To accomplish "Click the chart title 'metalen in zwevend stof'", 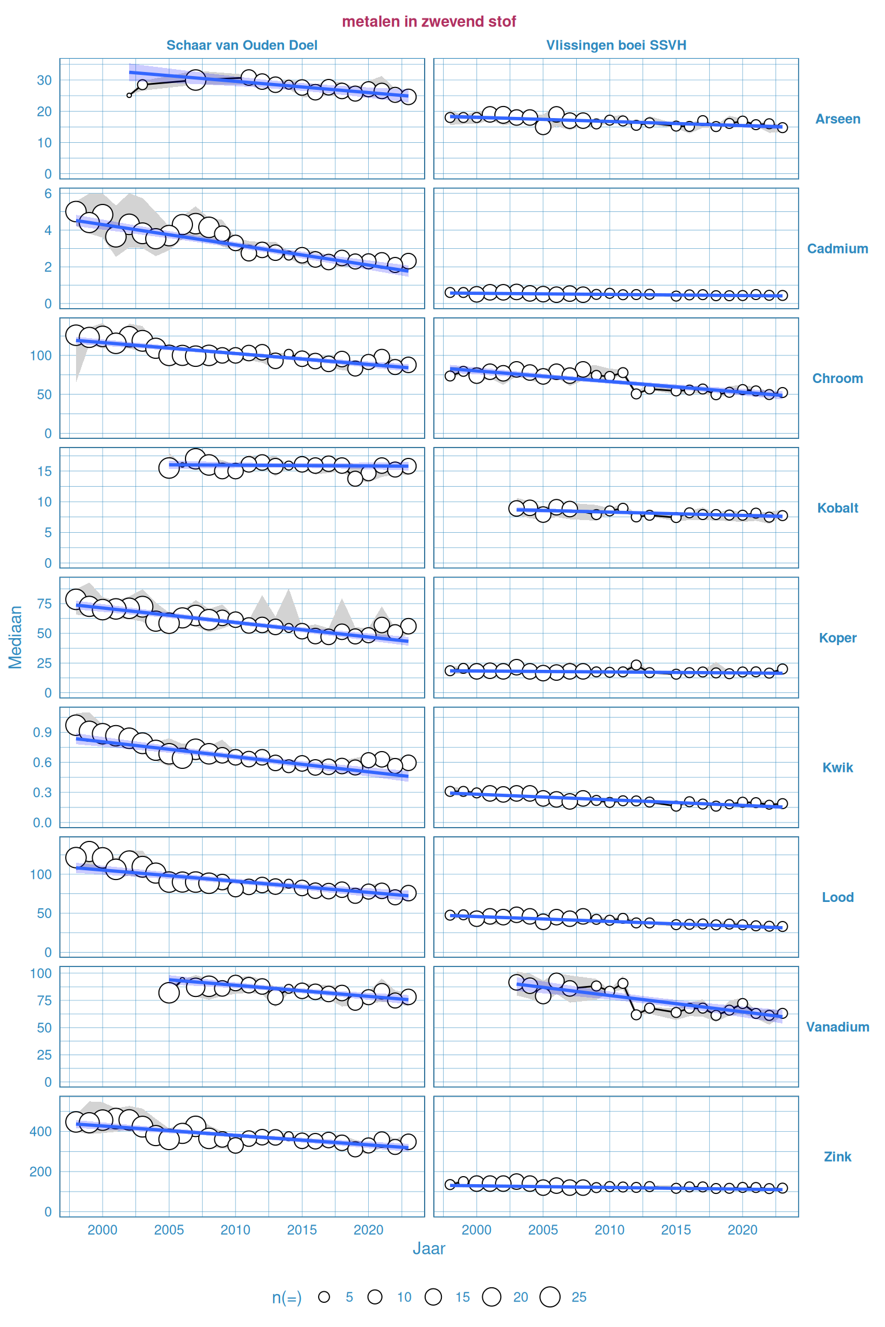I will coord(429,21).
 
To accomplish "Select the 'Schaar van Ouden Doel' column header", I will coord(241,45).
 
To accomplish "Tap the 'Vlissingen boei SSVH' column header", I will coord(616,45).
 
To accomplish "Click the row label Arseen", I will coord(837,119).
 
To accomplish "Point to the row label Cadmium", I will coord(837,248).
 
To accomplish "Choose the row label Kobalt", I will coord(837,507).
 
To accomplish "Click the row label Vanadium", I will coord(837,1026).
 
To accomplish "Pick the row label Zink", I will coord(837,1156).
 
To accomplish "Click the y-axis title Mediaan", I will coord(15,637).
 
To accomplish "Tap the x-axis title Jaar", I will coord(429,1248).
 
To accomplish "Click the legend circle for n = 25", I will coord(550,1296).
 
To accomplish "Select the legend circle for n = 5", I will coord(324,1296).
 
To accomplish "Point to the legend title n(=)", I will coord(286,1297).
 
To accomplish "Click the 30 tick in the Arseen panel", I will coord(44,80).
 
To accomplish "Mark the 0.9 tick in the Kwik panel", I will coord(42,732).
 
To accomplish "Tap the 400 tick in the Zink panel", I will coord(40,1131).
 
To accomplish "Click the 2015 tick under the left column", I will coord(302,1230).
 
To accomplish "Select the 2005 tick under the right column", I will coord(543,1230).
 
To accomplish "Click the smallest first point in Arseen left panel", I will coord(129,95).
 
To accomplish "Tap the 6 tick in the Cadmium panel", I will coord(48,194).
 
